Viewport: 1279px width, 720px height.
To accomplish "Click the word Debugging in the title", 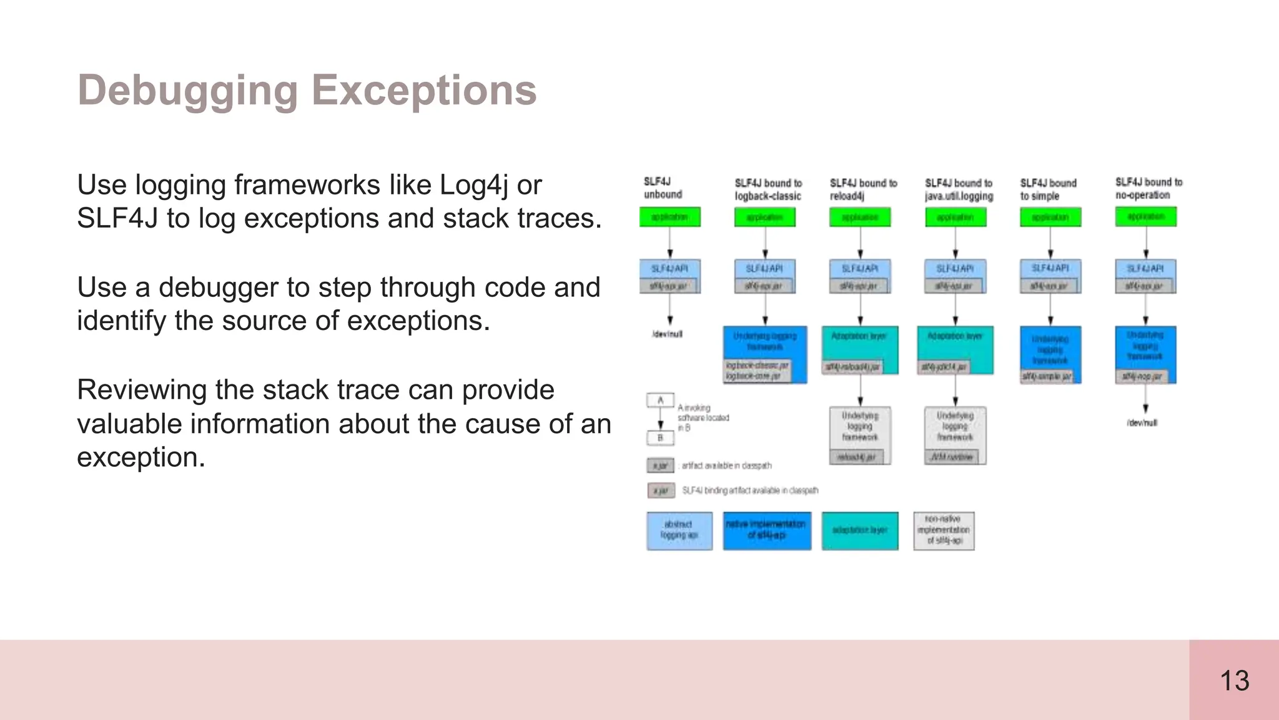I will [x=187, y=91].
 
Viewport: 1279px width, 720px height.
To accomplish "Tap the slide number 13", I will [x=1234, y=681].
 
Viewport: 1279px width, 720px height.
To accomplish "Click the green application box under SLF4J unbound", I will [x=669, y=217].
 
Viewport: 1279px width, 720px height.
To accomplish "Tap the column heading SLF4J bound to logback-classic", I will [x=768, y=189].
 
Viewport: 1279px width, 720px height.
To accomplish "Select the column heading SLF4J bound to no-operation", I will [x=1148, y=188].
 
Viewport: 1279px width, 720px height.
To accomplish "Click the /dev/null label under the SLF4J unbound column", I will [x=667, y=334].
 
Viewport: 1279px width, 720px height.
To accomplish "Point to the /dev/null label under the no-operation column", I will [x=1142, y=423].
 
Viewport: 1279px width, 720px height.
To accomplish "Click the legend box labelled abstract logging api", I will [x=679, y=531].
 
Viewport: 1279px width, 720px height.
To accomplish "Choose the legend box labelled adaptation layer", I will [x=860, y=531].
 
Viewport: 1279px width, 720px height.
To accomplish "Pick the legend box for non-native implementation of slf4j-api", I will [x=944, y=531].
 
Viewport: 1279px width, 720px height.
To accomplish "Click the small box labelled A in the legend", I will [x=660, y=400].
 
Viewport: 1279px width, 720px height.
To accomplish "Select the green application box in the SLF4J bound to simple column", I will [x=1050, y=217].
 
